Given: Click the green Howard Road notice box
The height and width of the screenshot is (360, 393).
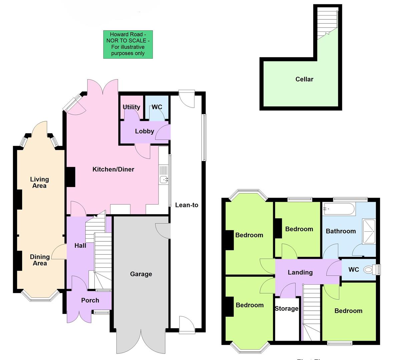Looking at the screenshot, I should (128, 44).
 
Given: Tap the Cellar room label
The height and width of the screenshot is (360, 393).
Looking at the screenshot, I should (304, 79).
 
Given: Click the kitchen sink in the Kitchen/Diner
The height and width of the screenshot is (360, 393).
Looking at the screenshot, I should (164, 180).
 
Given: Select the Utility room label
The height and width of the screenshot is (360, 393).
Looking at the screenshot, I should (131, 107).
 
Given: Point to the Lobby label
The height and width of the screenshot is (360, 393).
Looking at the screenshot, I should (144, 131).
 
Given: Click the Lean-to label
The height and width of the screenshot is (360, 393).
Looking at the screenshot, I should (186, 205).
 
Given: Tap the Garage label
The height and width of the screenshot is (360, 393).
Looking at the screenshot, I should (141, 274).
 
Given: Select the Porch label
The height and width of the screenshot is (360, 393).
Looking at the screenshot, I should (90, 300).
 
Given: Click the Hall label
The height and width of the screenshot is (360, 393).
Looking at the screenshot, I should (80, 246).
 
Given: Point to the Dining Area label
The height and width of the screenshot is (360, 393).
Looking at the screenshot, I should (40, 260).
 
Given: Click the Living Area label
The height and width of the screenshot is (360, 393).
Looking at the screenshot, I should (39, 182).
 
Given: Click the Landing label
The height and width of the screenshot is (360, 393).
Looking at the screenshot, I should (300, 272).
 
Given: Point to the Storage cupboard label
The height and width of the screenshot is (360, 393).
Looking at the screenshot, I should (286, 309).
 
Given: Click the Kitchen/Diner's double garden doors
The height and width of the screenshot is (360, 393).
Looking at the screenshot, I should (102, 87).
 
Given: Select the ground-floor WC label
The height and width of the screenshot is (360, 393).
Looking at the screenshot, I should (157, 107).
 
